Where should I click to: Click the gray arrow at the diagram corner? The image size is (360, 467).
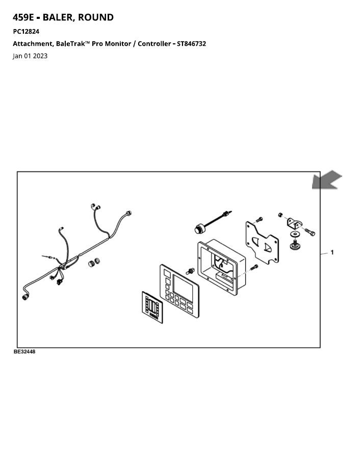point(326,180)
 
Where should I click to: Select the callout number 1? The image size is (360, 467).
point(332,252)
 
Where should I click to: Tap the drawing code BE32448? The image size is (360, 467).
point(24,352)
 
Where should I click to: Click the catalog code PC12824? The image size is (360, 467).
point(26,31)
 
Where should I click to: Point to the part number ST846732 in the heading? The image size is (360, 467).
point(191,43)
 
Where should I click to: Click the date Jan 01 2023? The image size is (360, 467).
point(30,56)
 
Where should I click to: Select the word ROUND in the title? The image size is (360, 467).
point(95,17)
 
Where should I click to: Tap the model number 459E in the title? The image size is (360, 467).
point(23,17)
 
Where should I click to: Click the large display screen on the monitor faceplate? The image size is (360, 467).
point(183,288)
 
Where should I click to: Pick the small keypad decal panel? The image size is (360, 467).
point(152,307)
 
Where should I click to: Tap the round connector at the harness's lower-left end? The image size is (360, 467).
point(25,297)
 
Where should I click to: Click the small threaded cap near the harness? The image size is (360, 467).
point(94,263)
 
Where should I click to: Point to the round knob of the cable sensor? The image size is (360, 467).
point(199,229)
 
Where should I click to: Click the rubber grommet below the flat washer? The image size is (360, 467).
point(295,246)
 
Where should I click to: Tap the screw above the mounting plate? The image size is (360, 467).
point(259,220)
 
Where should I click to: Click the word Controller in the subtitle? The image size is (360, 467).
point(154,43)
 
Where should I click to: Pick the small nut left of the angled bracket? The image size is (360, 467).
point(280,215)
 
